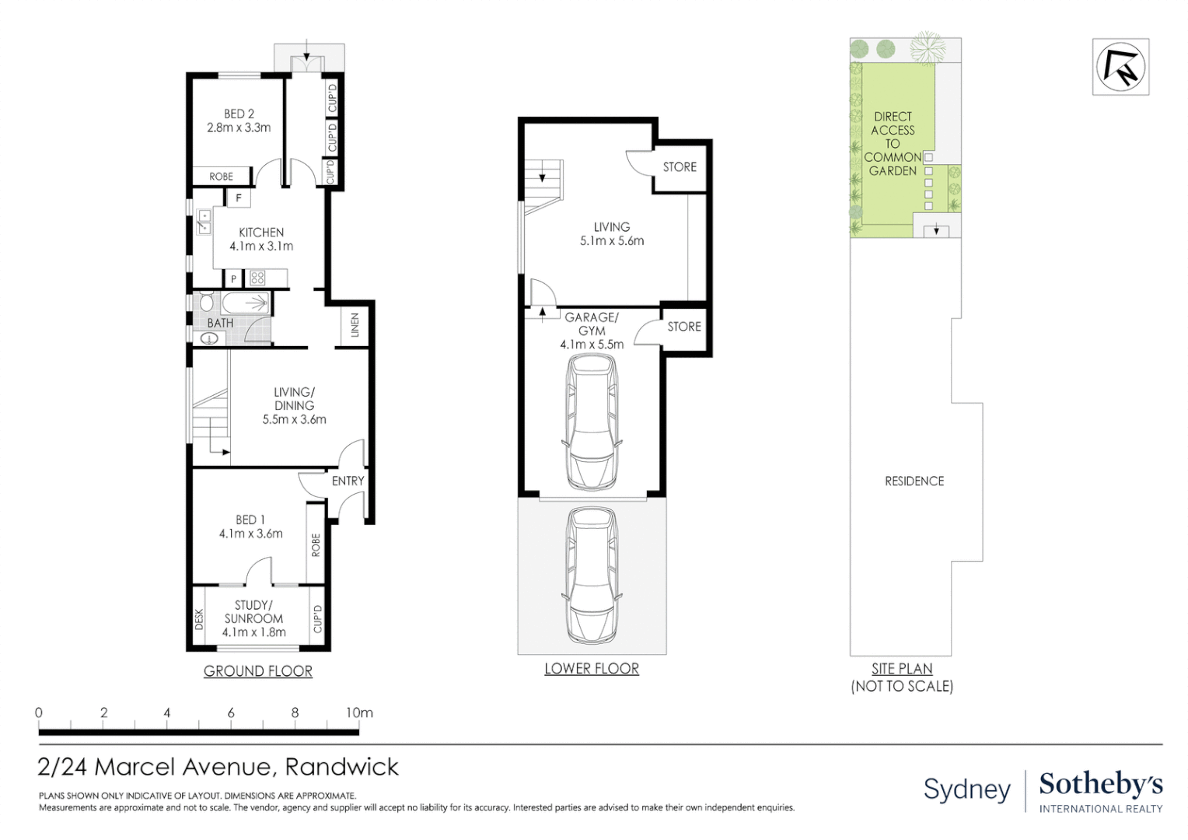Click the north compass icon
click(1120, 67)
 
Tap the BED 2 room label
click(239, 114)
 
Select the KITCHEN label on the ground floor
click(261, 233)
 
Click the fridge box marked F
click(239, 198)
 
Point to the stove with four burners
click(257, 278)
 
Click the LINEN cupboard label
click(355, 324)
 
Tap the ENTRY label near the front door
click(348, 481)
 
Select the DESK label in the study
click(199, 619)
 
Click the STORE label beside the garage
click(684, 327)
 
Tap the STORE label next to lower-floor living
click(680, 167)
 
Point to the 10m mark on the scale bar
click(359, 712)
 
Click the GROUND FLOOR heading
click(257, 671)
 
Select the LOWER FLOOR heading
click(592, 669)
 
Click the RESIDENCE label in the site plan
click(914, 481)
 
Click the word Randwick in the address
click(342, 767)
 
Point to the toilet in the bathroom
click(206, 302)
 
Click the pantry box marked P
click(233, 278)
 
